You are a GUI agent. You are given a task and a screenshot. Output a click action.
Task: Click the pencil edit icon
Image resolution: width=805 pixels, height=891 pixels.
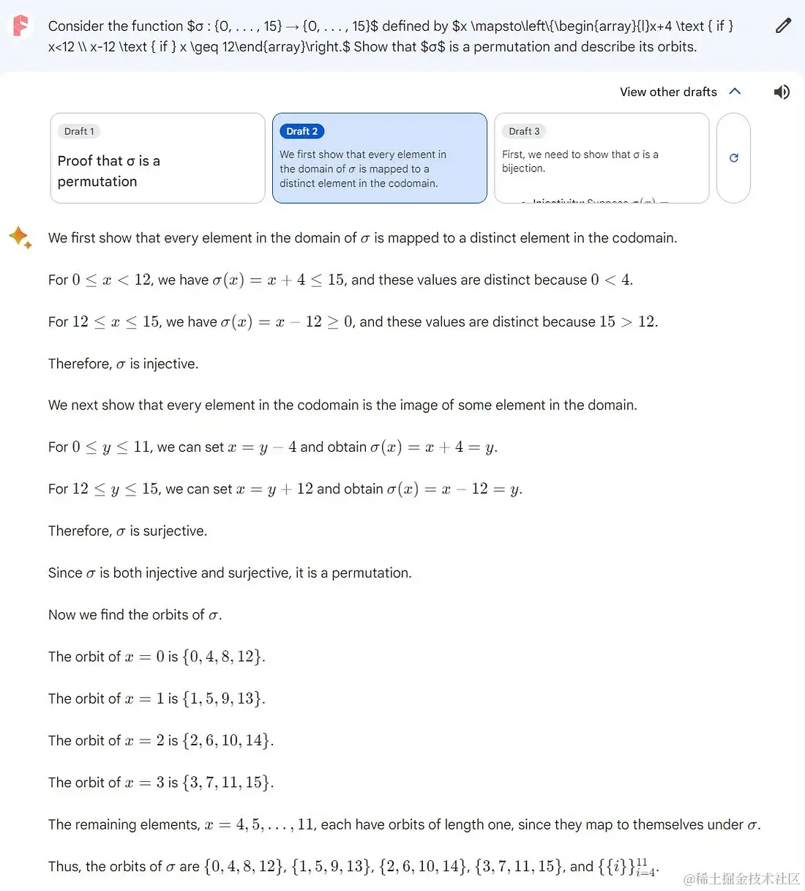(x=783, y=26)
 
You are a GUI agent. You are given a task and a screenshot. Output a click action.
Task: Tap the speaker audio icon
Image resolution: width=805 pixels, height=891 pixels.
(x=782, y=92)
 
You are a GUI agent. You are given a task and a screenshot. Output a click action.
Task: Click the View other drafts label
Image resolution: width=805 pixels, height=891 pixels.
(x=668, y=92)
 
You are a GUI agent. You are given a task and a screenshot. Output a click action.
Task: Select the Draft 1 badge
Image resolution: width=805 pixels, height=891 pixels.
(x=79, y=131)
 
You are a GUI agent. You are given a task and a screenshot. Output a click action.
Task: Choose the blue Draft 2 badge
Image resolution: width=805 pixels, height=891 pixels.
(x=302, y=131)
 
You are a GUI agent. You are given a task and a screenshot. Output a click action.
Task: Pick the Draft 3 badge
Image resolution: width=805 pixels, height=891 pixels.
(x=524, y=131)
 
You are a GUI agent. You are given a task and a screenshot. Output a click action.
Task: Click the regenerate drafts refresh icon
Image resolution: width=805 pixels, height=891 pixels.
(x=733, y=157)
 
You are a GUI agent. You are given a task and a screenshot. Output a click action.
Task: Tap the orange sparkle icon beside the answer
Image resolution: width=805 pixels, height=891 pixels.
(x=20, y=238)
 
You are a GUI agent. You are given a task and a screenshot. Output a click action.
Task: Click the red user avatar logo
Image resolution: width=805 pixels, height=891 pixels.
(x=21, y=26)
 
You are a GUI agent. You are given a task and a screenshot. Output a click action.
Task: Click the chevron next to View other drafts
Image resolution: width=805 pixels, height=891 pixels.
(x=735, y=92)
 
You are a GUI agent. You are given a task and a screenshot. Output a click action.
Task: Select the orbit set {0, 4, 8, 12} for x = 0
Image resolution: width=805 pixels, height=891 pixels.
(x=223, y=657)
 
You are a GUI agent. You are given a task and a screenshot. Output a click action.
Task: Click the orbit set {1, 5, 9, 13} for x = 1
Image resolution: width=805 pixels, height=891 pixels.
(x=223, y=698)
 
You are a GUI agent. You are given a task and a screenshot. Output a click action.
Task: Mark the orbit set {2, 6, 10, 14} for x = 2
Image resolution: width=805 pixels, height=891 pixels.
(x=228, y=740)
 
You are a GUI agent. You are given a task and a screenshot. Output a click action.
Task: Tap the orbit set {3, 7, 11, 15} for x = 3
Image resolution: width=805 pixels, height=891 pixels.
(x=228, y=783)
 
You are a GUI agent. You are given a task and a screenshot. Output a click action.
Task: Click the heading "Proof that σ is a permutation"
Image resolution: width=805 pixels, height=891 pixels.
(x=108, y=171)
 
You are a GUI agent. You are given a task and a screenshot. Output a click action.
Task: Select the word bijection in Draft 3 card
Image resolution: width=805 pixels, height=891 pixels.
(x=523, y=168)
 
